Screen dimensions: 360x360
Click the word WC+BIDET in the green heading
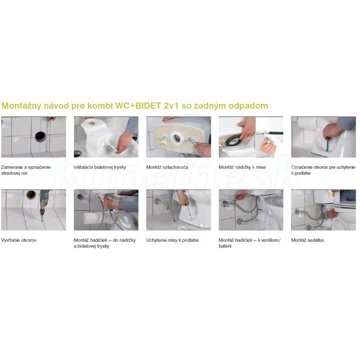(x=138, y=106)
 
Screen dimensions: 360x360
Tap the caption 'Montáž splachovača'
(x=167, y=167)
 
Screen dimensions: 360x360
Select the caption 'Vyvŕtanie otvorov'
(x=19, y=240)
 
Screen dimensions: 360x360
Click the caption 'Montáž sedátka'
(x=307, y=240)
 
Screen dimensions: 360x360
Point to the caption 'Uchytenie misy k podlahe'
(x=172, y=240)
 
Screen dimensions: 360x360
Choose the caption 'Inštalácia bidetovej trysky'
(x=100, y=167)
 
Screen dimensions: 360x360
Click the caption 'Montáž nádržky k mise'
(x=242, y=167)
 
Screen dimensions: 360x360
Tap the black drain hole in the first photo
(x=40, y=136)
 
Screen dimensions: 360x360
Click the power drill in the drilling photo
(x=43, y=202)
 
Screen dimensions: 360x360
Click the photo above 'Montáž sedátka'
(x=323, y=210)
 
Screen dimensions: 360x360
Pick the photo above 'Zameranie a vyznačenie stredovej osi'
(x=34, y=137)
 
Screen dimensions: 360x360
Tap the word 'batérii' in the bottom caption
(x=225, y=246)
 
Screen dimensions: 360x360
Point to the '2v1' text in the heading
(x=171, y=106)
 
